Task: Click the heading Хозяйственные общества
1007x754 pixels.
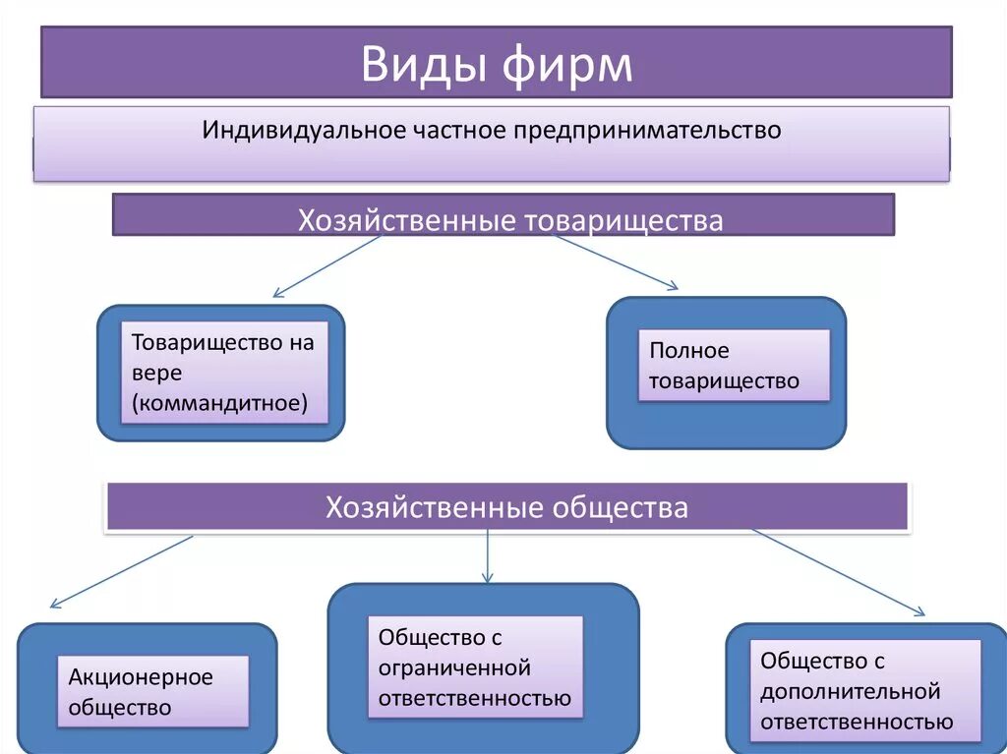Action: click(506, 508)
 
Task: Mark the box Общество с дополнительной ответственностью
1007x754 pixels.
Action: click(865, 690)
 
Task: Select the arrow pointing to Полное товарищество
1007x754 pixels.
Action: click(616, 262)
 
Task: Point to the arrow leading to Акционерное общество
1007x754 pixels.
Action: click(121, 571)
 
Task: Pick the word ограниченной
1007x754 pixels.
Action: click(454, 668)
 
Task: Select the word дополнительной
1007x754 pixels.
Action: click(851, 691)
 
